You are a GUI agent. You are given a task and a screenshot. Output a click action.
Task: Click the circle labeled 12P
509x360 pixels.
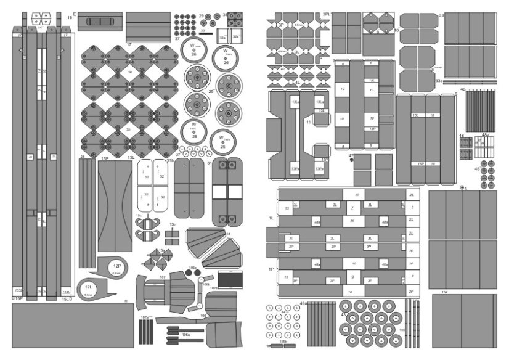click(x=116, y=266)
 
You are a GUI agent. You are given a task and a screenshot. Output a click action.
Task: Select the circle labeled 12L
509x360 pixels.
click(x=89, y=287)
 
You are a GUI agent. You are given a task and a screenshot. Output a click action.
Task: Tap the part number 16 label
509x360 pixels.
click(x=70, y=18)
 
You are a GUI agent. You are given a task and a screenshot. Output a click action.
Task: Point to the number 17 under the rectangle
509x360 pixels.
click(x=129, y=46)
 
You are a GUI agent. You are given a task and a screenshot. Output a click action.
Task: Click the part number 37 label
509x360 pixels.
click(x=177, y=38)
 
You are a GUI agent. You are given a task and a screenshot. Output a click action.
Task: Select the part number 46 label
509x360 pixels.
click(x=462, y=89)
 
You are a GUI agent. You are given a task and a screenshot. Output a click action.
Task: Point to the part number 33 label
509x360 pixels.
click(x=441, y=15)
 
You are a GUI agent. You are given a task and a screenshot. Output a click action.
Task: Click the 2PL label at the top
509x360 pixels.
click(x=326, y=14)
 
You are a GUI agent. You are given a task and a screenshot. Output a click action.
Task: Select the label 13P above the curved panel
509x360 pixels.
click(x=104, y=158)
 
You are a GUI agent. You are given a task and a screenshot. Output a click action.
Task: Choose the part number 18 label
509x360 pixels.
click(x=229, y=234)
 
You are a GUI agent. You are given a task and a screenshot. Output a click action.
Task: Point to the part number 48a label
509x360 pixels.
click(x=486, y=134)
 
